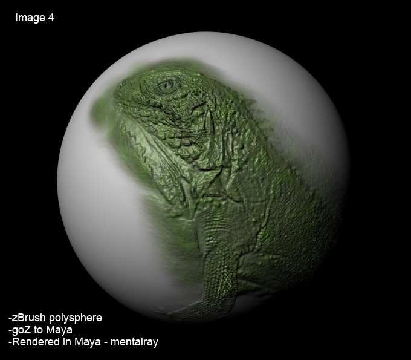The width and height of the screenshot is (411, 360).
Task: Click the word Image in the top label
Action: (x=30, y=18)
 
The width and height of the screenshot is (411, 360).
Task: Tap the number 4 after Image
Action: (x=51, y=18)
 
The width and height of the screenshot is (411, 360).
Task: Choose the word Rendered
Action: (x=34, y=342)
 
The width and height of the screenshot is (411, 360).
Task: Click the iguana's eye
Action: (x=167, y=85)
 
